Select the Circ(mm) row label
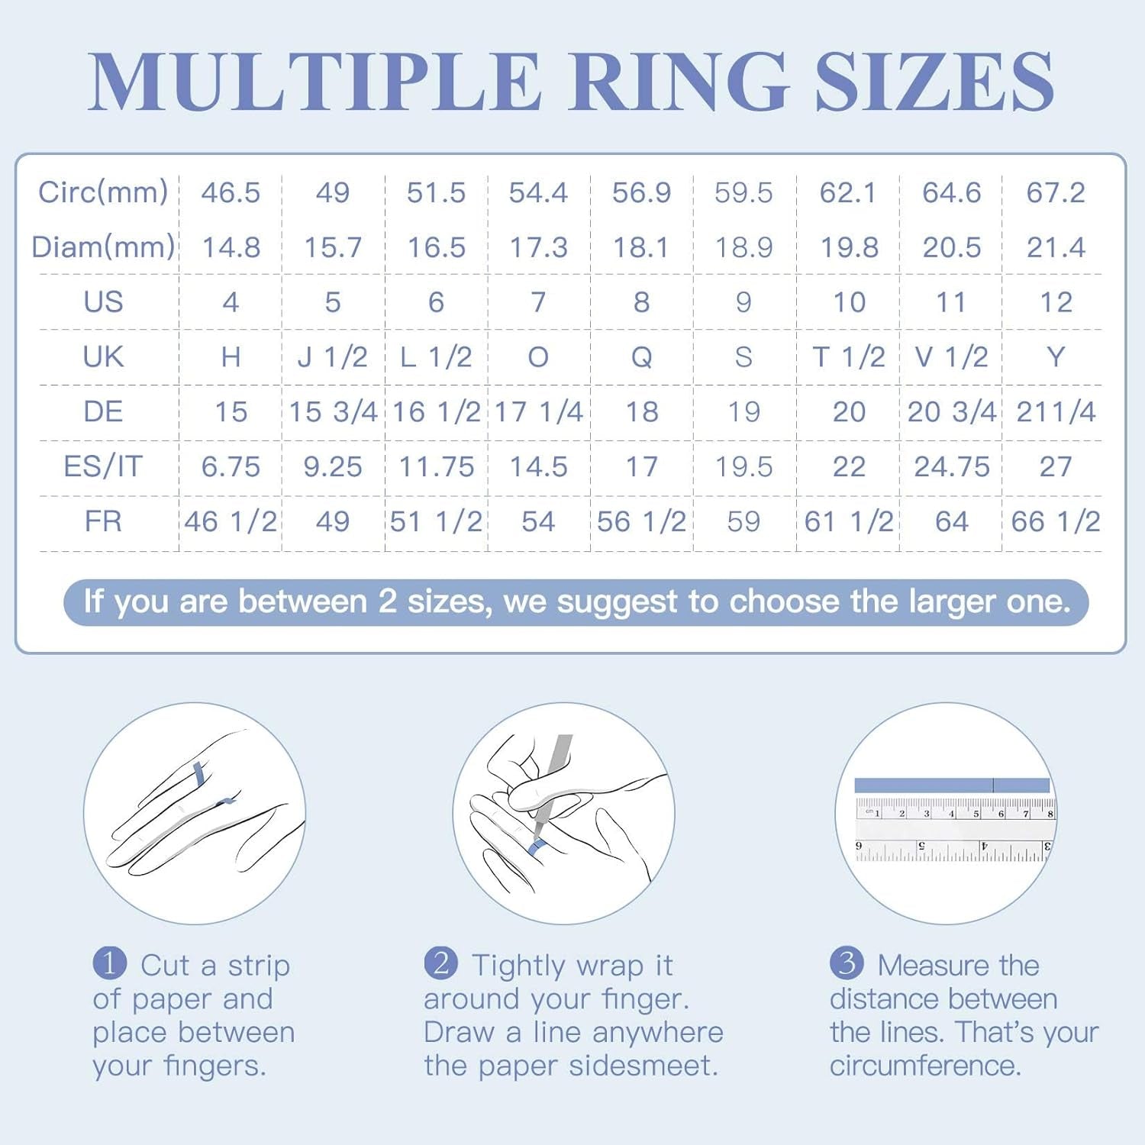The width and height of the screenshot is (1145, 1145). [103, 192]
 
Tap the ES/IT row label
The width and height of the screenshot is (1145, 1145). [103, 466]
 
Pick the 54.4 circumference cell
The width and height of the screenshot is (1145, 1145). [538, 192]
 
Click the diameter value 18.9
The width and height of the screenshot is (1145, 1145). [743, 247]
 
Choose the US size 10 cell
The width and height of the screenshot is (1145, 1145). [849, 302]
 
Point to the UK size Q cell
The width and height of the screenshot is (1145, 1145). [641, 357]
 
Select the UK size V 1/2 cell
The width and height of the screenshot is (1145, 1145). [951, 357]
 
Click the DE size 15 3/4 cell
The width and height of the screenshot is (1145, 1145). [333, 412]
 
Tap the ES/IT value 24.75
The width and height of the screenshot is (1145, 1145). [952, 466]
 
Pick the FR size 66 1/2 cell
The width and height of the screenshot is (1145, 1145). [1056, 521]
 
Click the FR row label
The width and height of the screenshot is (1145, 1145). [103, 521]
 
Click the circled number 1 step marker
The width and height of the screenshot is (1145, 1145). [109, 963]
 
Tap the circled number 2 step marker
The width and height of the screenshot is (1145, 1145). [441, 963]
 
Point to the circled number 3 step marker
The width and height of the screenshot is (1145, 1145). [847, 963]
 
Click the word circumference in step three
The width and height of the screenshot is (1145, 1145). [925, 1066]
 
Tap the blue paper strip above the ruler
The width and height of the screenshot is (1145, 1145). [952, 785]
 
